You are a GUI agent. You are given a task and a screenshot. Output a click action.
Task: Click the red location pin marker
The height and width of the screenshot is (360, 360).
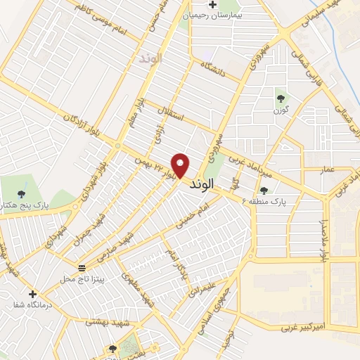coord(181,165)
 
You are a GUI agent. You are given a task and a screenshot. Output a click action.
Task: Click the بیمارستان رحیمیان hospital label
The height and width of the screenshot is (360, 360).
coord(212,15)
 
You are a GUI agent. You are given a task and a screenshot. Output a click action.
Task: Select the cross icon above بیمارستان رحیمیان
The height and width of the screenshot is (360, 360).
coord(212,4)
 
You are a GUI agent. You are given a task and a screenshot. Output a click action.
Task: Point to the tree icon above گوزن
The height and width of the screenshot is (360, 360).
coord(281,98)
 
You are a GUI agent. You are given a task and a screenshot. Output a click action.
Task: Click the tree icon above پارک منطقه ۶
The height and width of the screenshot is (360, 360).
coord(264,190)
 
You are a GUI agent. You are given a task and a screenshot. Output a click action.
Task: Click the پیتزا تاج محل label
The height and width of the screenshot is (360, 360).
coord(82,279)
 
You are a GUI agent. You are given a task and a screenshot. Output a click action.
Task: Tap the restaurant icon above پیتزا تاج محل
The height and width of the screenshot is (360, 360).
coord(82,268)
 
